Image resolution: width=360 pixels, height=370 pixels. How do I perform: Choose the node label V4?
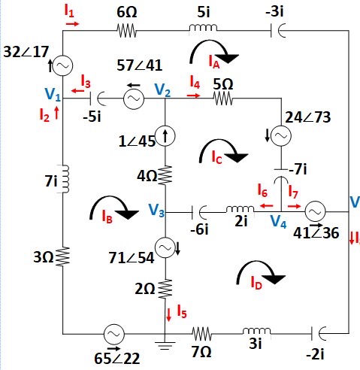[278, 222]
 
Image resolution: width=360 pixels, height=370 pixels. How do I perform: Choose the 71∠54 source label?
[131, 257]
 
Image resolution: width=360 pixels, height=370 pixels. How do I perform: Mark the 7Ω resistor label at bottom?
[199, 353]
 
